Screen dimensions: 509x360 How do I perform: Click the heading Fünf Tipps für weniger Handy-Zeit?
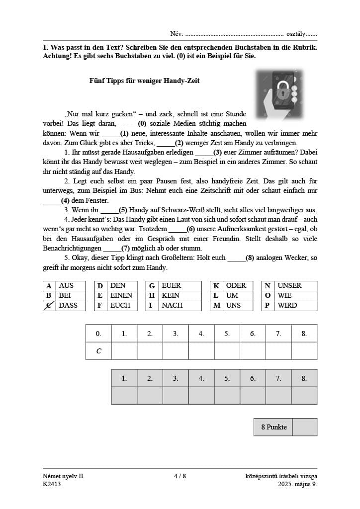[x=144, y=81]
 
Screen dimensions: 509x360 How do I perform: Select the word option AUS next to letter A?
[x=66, y=286]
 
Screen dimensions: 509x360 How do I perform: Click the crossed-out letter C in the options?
[x=49, y=305]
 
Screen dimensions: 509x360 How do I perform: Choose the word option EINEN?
[x=121, y=295]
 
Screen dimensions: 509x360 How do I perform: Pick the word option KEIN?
[x=171, y=295]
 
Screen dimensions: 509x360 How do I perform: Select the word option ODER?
[x=236, y=286]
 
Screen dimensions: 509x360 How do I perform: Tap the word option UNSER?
[x=289, y=286]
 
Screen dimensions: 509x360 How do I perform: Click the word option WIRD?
[x=287, y=305]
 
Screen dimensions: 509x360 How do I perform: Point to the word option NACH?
[x=172, y=305]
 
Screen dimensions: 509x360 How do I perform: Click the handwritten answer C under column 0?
[x=98, y=351]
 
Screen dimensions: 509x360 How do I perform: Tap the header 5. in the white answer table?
[x=227, y=334]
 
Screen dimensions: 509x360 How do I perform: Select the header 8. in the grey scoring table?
[x=304, y=379]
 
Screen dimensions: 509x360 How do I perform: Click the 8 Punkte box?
[x=273, y=427]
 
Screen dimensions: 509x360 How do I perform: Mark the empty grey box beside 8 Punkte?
[x=305, y=427]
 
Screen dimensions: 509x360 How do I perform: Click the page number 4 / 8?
[x=180, y=476]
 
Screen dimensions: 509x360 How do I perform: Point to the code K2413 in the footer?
[x=52, y=484]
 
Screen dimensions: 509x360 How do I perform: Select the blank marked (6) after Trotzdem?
[x=178, y=229]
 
